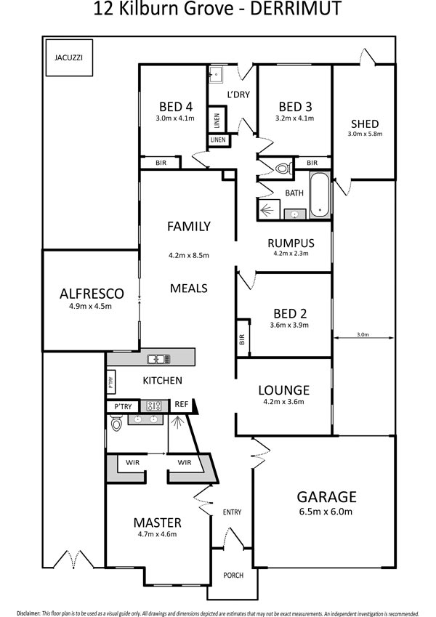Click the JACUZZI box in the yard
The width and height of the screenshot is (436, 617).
(x=69, y=57)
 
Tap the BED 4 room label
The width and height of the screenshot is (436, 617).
(x=176, y=107)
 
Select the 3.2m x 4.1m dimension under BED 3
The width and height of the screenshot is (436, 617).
(x=295, y=118)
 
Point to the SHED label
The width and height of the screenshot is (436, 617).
(x=365, y=124)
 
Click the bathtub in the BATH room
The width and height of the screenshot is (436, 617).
(x=320, y=194)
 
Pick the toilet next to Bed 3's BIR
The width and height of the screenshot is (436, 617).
(x=283, y=169)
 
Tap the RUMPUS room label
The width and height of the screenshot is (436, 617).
(x=291, y=243)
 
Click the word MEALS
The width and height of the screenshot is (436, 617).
(x=188, y=288)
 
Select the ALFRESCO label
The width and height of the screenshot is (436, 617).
(x=92, y=294)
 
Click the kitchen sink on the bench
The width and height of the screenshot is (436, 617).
(x=158, y=359)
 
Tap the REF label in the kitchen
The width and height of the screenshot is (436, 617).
(x=182, y=404)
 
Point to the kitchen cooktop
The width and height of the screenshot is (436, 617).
(x=153, y=406)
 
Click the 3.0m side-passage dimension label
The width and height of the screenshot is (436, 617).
(x=363, y=334)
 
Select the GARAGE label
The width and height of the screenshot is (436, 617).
(x=326, y=496)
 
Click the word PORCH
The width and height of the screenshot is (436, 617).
(x=233, y=576)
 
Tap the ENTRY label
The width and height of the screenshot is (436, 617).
(x=232, y=512)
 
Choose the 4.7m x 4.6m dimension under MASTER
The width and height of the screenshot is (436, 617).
(x=158, y=534)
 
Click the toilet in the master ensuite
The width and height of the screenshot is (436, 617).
(x=116, y=424)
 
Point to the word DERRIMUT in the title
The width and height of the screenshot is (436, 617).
(x=296, y=9)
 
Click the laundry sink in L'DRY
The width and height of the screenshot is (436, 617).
(x=215, y=74)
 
